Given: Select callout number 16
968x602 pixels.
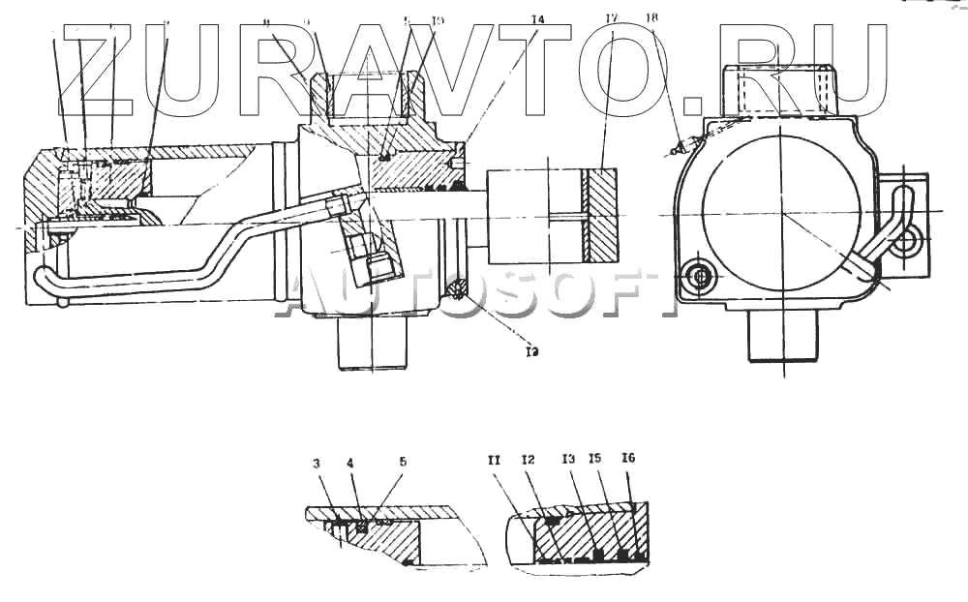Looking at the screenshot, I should click(628, 458).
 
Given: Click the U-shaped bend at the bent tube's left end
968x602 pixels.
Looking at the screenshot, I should click(44, 279).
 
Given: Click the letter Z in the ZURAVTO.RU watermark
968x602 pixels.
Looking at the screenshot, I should click(98, 68).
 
